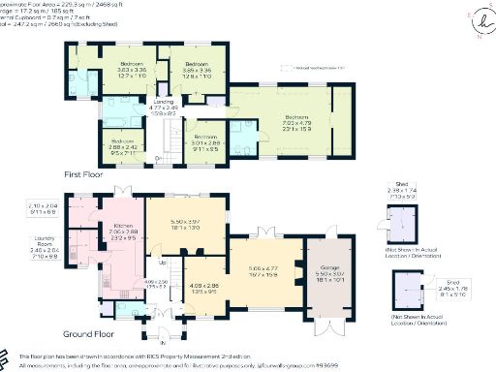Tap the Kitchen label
pyautogui.click(x=124, y=226)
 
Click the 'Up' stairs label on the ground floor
pyautogui.click(x=161, y=263)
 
